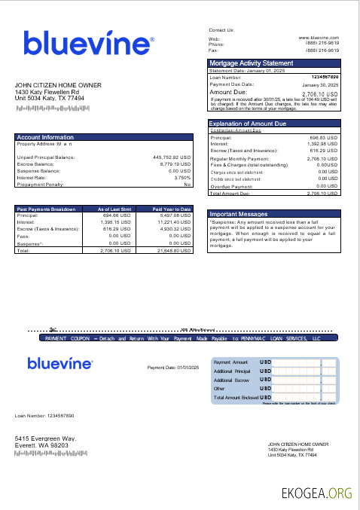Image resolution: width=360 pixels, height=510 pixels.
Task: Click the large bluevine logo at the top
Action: click(89, 43)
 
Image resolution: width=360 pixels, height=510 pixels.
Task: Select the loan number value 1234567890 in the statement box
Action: click(325, 77)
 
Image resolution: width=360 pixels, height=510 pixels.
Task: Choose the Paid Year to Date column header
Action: click(172, 209)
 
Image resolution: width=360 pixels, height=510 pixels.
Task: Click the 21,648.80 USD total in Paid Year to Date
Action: click(172, 250)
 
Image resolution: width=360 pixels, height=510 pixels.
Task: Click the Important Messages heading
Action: click(239, 214)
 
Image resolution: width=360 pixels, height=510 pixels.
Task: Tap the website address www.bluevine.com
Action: click(319, 37)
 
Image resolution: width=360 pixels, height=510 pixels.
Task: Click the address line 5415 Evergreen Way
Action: click(46, 438)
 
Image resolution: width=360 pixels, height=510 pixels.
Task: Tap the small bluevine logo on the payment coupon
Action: click(60, 364)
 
